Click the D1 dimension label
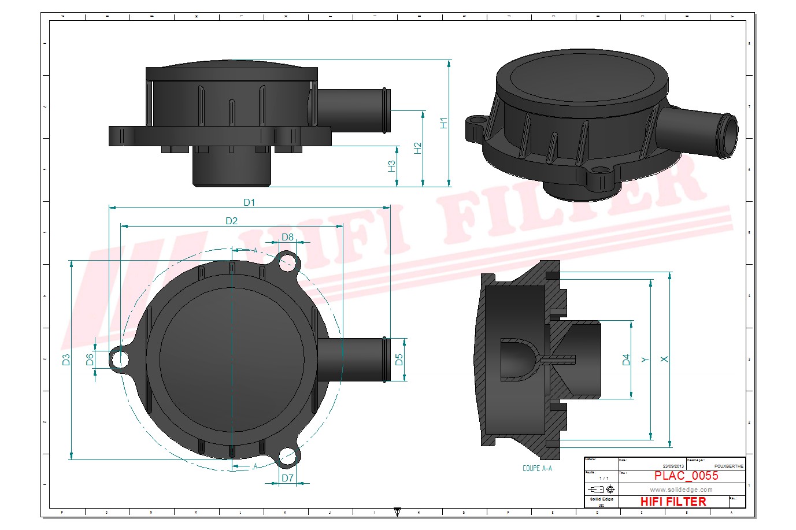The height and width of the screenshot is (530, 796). pyautogui.click(x=249, y=202)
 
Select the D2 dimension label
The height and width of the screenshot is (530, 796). pyautogui.click(x=231, y=221)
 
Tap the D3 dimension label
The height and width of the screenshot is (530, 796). pyautogui.click(x=66, y=359)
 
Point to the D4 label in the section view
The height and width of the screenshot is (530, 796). pyautogui.click(x=626, y=359)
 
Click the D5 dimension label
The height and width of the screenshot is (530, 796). pyautogui.click(x=399, y=359)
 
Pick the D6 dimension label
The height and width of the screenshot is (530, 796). pyautogui.click(x=90, y=359)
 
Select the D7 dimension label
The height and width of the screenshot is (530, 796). pyautogui.click(x=287, y=478)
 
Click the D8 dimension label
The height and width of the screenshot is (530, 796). pyautogui.click(x=287, y=237)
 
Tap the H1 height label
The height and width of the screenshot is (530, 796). pyautogui.click(x=444, y=123)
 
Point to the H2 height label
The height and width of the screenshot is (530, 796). pyautogui.click(x=418, y=148)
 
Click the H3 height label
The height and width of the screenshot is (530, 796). pyautogui.click(x=391, y=166)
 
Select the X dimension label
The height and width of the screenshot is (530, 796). pyautogui.click(x=664, y=359)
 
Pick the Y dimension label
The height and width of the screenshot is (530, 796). pyautogui.click(x=645, y=359)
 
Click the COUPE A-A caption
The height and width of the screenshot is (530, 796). pyautogui.click(x=537, y=468)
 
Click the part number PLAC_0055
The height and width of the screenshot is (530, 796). pyautogui.click(x=686, y=476)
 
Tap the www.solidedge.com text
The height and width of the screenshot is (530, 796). pyautogui.click(x=681, y=490)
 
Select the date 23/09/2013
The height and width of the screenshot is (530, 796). pyautogui.click(x=673, y=466)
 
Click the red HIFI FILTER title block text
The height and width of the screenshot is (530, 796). pyautogui.click(x=673, y=502)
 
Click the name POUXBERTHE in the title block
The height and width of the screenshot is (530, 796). pyautogui.click(x=729, y=466)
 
